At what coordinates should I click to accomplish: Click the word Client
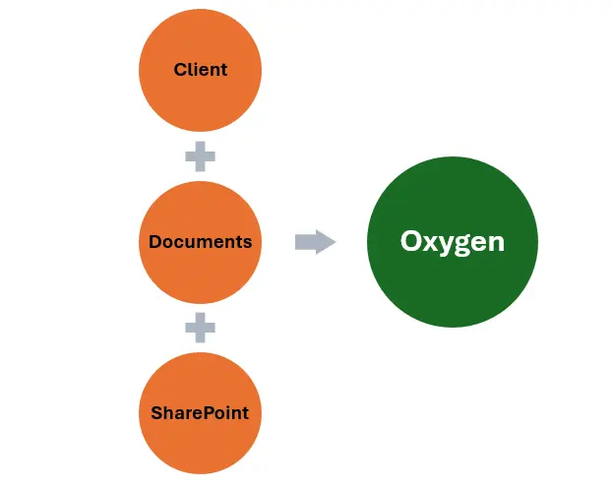pyautogui.click(x=200, y=70)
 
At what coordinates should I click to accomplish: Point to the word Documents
pyautogui.click(x=200, y=242)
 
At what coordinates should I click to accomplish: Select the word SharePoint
pyautogui.click(x=200, y=413)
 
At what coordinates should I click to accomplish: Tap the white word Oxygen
pyautogui.click(x=453, y=242)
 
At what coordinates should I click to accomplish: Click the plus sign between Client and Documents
pyautogui.click(x=200, y=155)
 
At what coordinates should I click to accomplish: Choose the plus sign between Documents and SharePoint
pyautogui.click(x=200, y=328)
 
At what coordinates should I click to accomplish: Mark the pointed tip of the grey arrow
pyautogui.click(x=335, y=242)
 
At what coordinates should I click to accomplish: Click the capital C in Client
pyautogui.click(x=180, y=70)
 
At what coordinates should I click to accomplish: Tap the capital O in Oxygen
pyautogui.click(x=411, y=242)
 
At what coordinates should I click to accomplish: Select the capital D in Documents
pyautogui.click(x=155, y=242)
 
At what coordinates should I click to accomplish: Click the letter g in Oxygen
pyautogui.click(x=464, y=245)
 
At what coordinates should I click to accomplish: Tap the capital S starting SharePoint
pyautogui.click(x=156, y=413)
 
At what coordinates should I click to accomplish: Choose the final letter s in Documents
pyautogui.click(x=247, y=243)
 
